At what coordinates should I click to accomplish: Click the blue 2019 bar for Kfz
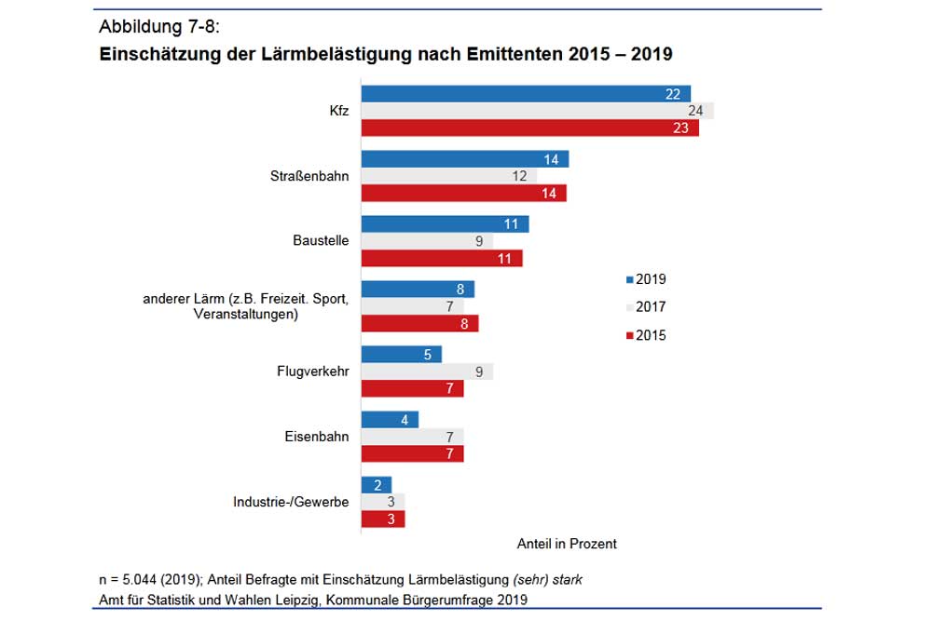pyautogui.click(x=525, y=93)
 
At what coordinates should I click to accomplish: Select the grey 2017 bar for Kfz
pyautogui.click(x=536, y=111)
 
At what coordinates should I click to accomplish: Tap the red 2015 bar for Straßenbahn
pyautogui.click(x=463, y=194)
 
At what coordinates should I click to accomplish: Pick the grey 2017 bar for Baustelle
pyautogui.click(x=426, y=241)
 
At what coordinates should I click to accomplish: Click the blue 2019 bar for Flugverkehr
pyautogui.click(x=401, y=354)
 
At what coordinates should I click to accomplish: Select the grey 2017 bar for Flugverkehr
pyautogui.click(x=426, y=371)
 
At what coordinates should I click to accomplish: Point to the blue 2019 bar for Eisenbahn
pyautogui.click(x=390, y=420)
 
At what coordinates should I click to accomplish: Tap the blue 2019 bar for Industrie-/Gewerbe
pyautogui.click(x=376, y=484)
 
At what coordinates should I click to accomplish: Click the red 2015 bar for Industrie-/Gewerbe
pyautogui.click(x=382, y=520)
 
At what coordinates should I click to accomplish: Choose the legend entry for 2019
pyautogui.click(x=645, y=279)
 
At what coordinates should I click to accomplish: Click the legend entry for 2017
pyautogui.click(x=645, y=307)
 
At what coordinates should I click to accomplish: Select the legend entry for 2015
pyautogui.click(x=645, y=335)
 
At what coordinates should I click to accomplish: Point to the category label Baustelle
pyautogui.click(x=321, y=240)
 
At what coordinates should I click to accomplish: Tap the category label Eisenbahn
pyautogui.click(x=317, y=436)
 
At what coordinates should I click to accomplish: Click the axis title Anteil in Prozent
pyautogui.click(x=566, y=544)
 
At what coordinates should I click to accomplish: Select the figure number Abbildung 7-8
pyautogui.click(x=158, y=26)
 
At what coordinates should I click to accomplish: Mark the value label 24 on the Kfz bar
pyautogui.click(x=695, y=111)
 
